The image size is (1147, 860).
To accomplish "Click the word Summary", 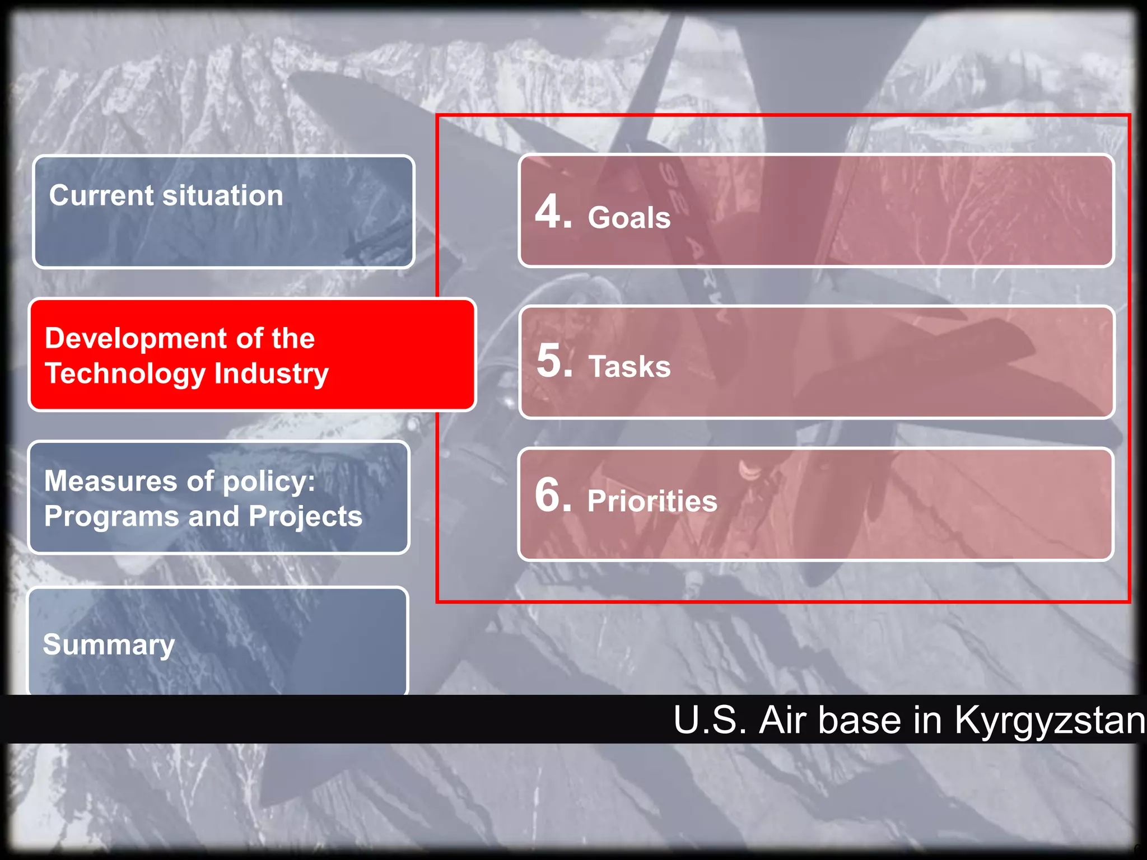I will (x=109, y=644).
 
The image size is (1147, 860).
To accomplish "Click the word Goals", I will (x=629, y=217).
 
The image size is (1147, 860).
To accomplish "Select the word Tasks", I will (x=630, y=367).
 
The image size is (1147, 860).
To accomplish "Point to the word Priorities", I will (x=652, y=501).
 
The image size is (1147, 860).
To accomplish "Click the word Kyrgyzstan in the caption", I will (x=1050, y=720).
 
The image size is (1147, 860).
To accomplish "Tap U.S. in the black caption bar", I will (x=710, y=720).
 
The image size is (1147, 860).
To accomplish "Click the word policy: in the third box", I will (x=269, y=482).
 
